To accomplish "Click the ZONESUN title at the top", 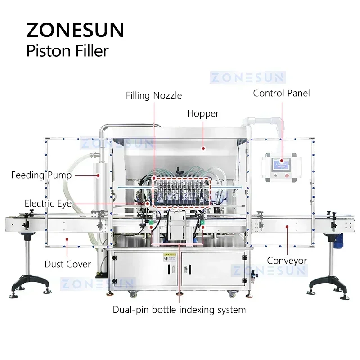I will tap(75, 30).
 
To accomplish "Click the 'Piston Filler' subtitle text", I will tap(67, 51).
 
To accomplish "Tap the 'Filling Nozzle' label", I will tap(154, 95).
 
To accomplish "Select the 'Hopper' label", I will tap(203, 113).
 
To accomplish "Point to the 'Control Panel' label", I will tap(282, 93).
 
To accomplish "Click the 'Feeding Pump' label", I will tap(41, 175).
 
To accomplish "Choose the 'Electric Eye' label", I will tap(48, 204).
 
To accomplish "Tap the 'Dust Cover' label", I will tap(67, 264).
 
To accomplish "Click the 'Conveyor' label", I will tap(287, 261).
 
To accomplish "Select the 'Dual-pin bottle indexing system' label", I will tap(179, 310).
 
